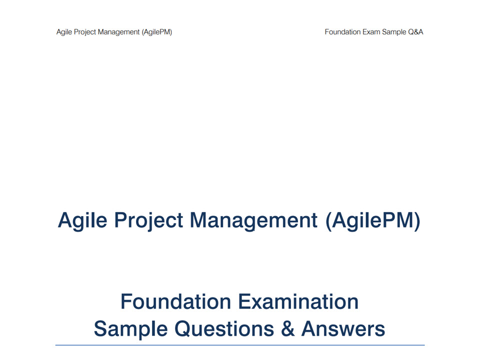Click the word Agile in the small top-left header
[x=64, y=32]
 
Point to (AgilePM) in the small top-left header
[x=156, y=32]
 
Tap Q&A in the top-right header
[x=415, y=32]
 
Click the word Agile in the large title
[x=82, y=220]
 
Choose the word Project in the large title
[x=149, y=220]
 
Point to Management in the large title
[x=254, y=220]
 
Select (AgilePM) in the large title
[x=373, y=220]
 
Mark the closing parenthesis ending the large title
[x=417, y=221]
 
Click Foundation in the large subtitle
[x=175, y=301]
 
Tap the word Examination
[x=298, y=301]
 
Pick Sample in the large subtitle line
[x=130, y=329]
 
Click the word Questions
[x=224, y=329]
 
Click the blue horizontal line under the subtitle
[x=240, y=345]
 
